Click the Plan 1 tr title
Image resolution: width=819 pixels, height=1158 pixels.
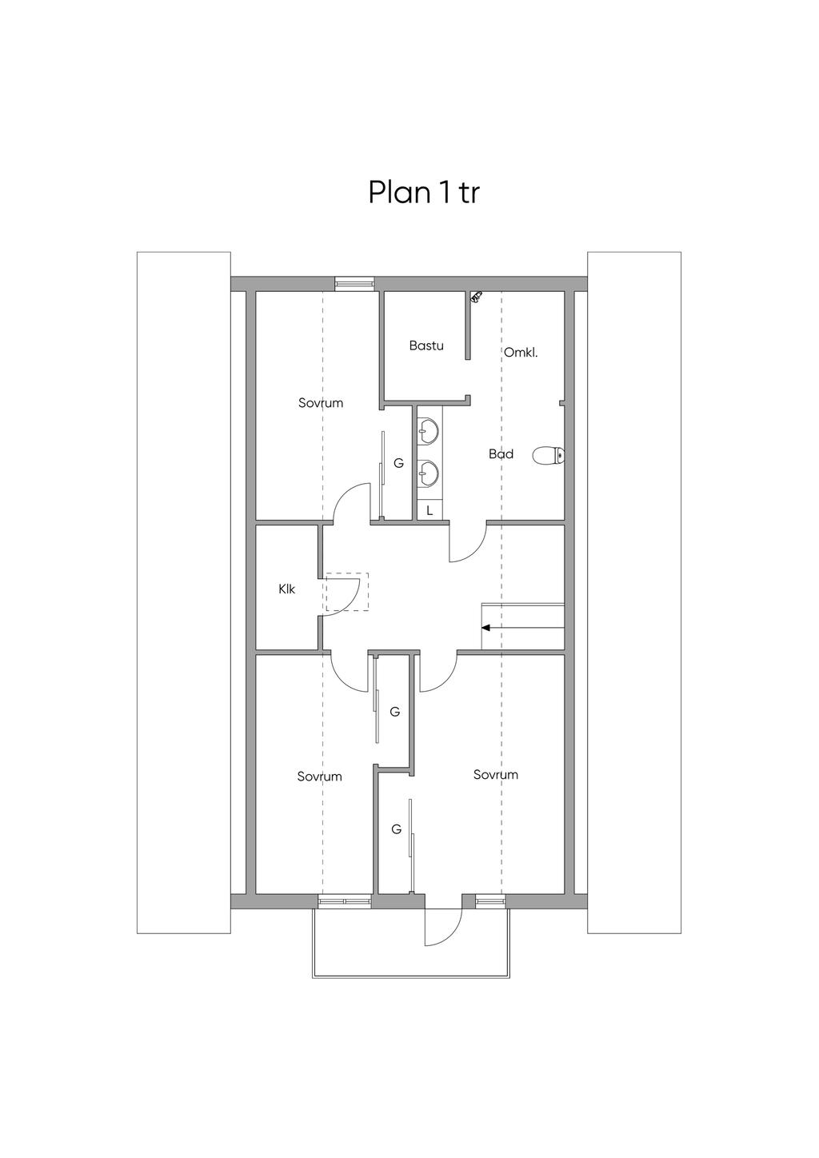424,193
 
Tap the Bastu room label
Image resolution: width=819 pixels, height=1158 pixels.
426,345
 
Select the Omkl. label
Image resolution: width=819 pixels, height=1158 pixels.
521,353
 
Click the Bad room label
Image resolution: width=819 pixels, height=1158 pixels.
501,454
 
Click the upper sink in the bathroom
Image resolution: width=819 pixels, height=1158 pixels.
429,431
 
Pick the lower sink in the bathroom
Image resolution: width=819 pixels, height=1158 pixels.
429,473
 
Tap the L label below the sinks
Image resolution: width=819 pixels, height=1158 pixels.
429,511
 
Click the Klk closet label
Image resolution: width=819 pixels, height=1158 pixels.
286,589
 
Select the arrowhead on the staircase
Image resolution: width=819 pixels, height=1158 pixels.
485,628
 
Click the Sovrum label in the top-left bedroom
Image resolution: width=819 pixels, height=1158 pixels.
321,403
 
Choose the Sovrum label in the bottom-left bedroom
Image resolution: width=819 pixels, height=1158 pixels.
320,777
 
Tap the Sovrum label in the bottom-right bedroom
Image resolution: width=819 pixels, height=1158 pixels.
495,774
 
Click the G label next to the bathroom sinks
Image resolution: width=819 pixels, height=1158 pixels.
398,464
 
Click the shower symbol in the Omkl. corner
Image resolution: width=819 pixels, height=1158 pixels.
476,296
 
